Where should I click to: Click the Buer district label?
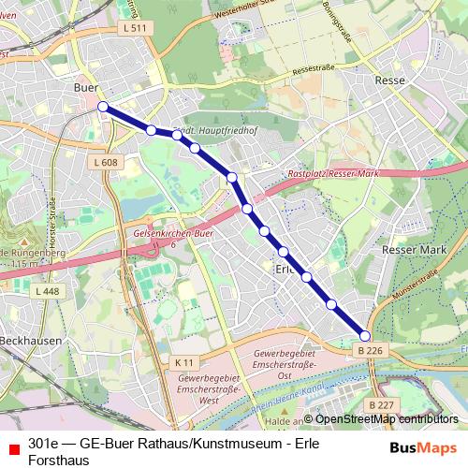(x=85, y=87)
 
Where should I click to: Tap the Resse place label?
(x=389, y=80)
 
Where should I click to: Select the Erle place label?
(x=285, y=269)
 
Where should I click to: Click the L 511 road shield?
(x=135, y=29)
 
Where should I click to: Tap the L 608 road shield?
(x=106, y=163)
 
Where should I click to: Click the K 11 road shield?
(x=183, y=361)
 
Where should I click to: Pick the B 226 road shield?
(x=371, y=349)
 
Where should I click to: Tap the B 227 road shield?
(x=381, y=404)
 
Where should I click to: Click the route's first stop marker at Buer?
(x=103, y=107)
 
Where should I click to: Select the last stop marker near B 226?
(x=365, y=336)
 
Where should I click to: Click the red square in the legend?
(x=13, y=444)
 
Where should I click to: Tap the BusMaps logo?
(x=424, y=448)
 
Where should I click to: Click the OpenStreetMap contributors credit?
(x=385, y=419)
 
